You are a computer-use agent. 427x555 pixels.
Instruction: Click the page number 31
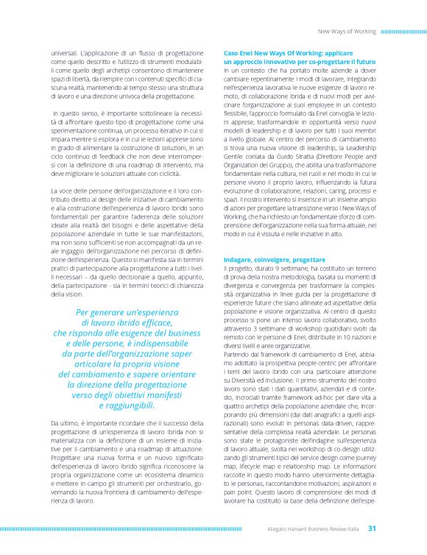pyautogui.click(x=372, y=528)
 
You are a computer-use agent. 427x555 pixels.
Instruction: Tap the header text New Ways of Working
pyautogui.click(x=346, y=32)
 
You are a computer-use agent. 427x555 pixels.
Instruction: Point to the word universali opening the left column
pyautogui.click(x=63, y=54)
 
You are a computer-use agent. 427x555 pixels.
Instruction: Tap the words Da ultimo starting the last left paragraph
pyautogui.click(x=65, y=423)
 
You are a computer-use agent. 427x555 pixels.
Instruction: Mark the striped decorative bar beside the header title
pyautogui.click(x=402, y=32)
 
